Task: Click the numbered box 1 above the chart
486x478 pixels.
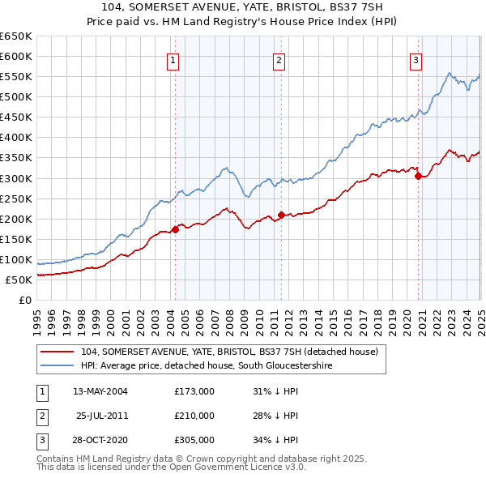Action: coord(173,59)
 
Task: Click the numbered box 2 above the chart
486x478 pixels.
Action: coord(279,59)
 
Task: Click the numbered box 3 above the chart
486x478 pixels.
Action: coord(416,59)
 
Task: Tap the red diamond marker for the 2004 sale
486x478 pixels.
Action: coord(175,229)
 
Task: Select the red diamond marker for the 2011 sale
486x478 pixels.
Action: coord(281,215)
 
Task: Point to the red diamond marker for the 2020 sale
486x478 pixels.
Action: coord(418,176)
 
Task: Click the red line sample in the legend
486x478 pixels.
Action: coord(57,352)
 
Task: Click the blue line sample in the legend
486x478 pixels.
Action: coord(57,366)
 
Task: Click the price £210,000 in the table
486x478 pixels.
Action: coord(194,416)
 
